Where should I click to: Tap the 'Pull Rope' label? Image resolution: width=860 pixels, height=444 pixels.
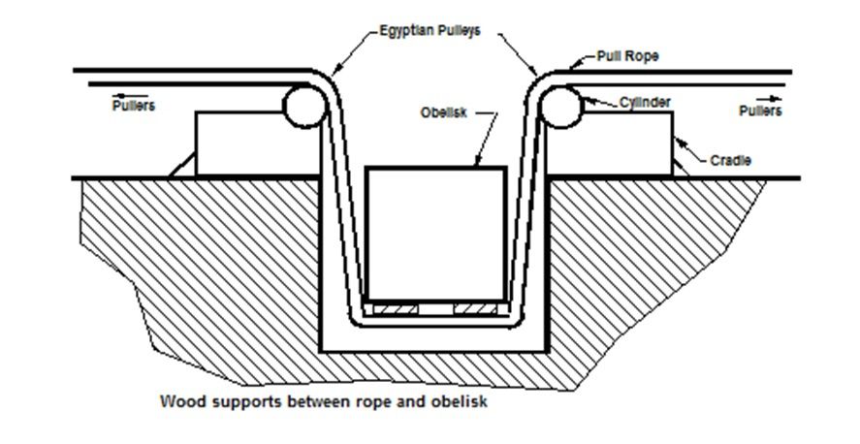coord(627,56)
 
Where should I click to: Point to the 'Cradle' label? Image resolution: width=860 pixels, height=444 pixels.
coord(731,160)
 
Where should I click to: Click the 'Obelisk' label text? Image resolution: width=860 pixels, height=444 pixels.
coord(443,112)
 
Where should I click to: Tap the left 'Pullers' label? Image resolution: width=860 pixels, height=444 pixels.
coord(133,106)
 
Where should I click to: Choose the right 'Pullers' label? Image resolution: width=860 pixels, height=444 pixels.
coord(760,111)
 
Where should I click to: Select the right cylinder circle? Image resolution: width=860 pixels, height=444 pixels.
coord(561,106)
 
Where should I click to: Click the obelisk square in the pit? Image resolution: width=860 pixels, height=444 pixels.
coord(436,234)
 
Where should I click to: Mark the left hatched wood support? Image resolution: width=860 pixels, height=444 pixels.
coord(396,309)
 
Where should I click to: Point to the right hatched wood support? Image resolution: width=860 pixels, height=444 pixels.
coord(475,309)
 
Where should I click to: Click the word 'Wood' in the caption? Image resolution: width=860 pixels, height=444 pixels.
coord(178,401)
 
